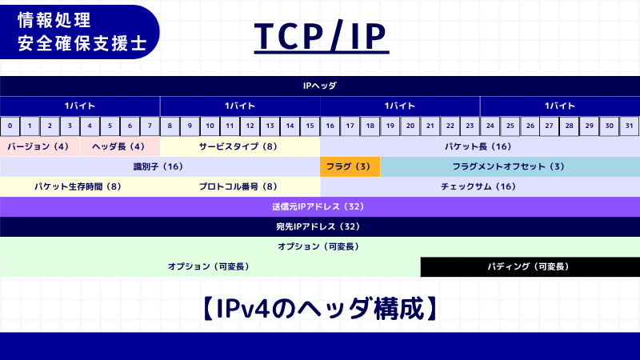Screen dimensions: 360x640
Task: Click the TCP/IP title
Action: pos(321,36)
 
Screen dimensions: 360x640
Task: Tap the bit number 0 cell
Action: pos(10,126)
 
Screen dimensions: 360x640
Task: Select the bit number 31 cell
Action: pos(630,126)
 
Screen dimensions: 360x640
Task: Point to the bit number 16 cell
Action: pos(330,126)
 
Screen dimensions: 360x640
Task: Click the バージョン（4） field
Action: pos(40,146)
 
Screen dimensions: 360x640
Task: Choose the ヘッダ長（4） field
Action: pos(120,146)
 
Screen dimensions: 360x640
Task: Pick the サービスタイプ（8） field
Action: pos(240,146)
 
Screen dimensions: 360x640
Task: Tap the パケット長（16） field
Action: pos(480,146)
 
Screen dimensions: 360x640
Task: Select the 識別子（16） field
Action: pos(160,166)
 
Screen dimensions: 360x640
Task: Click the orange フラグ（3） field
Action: pos(350,166)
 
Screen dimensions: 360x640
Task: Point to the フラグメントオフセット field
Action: pos(510,166)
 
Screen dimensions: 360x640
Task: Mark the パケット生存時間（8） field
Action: pos(80,186)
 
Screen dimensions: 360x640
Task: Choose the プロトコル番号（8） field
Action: pos(240,186)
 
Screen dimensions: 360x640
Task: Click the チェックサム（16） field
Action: pos(480,186)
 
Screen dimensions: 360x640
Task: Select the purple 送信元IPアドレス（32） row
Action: pos(320,206)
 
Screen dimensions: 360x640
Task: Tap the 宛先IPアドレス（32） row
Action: pos(320,226)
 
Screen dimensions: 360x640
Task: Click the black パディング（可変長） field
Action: pos(530,266)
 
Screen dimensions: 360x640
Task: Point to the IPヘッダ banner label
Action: pos(320,86)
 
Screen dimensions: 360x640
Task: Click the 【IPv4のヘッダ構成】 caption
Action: pos(320,309)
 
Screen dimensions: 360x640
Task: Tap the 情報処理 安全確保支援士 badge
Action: pos(80,31)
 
